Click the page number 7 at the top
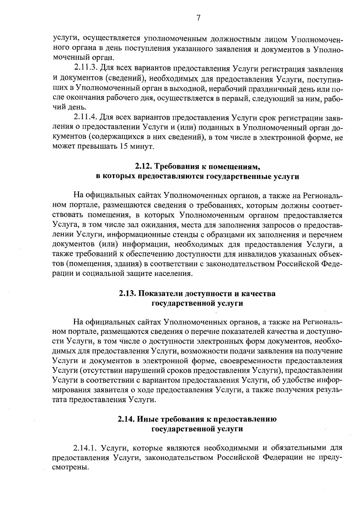coord(198,18)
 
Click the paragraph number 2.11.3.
coord(85,69)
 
